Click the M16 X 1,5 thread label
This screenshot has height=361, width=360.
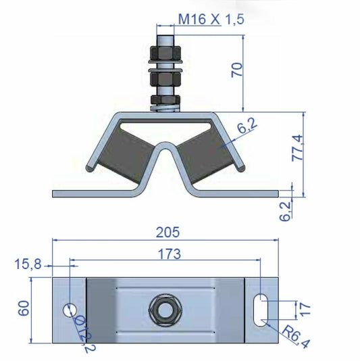210,19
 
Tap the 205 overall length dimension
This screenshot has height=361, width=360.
167,232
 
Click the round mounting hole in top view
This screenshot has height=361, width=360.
69,310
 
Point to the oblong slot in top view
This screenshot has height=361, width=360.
259,310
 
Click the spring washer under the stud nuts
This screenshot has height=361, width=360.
165,103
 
